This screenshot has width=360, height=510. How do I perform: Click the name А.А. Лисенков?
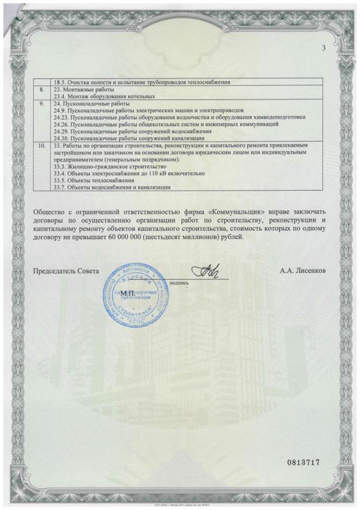(x=303, y=271)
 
